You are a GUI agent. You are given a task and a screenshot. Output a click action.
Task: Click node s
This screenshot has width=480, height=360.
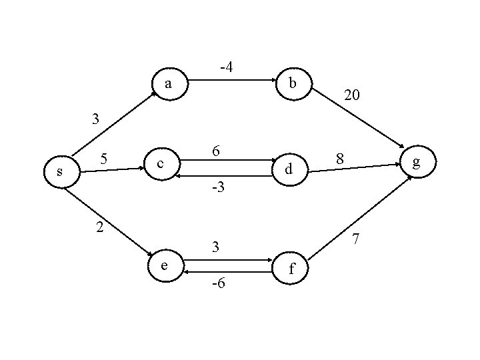(61, 171)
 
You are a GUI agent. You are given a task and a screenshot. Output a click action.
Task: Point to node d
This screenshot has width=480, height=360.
(288, 169)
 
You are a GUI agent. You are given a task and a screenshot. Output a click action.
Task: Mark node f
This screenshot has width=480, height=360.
(291, 270)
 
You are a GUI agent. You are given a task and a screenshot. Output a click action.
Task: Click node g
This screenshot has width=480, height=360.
(417, 162)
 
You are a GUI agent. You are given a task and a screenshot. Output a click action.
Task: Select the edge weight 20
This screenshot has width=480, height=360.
(352, 96)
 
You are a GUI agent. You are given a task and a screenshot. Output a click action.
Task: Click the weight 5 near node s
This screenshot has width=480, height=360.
(104, 159)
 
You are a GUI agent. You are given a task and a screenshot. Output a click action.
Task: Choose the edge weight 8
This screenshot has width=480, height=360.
(340, 159)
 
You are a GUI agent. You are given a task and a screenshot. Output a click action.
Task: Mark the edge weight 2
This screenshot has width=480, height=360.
(99, 227)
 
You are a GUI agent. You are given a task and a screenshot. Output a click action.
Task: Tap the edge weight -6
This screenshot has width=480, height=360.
(217, 285)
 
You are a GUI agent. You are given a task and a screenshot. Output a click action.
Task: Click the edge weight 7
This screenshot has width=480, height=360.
(356, 238)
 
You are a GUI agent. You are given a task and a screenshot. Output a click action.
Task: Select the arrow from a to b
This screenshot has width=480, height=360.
(231, 81)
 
